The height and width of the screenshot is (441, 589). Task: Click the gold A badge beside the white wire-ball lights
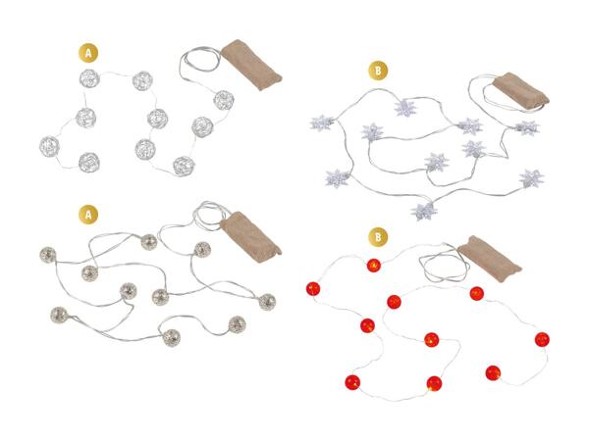(x=88, y=53)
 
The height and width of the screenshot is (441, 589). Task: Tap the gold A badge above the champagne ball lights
(x=88, y=215)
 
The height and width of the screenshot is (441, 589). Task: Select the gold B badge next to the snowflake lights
(x=378, y=71)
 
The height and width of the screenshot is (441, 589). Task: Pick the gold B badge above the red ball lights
(x=378, y=237)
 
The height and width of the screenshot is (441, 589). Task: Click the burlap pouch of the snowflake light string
(x=521, y=91)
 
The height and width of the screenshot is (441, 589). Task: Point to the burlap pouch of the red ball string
(x=490, y=259)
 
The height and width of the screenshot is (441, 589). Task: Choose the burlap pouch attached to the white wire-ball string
(x=251, y=65)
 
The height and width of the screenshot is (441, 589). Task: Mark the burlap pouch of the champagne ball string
(x=250, y=237)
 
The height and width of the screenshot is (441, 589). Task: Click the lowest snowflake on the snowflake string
(x=424, y=211)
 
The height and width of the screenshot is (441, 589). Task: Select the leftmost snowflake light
(x=322, y=123)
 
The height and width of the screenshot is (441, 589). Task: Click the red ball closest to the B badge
(x=374, y=266)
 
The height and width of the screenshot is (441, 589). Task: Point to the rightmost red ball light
(x=542, y=339)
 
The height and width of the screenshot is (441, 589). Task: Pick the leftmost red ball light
(x=313, y=289)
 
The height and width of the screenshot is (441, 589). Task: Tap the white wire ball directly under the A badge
(x=89, y=78)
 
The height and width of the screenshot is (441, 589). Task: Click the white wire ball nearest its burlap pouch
(x=224, y=100)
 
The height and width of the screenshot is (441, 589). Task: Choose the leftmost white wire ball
(x=50, y=146)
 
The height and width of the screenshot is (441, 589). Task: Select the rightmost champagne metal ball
(x=267, y=302)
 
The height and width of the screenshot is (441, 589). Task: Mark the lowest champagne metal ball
(x=172, y=337)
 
